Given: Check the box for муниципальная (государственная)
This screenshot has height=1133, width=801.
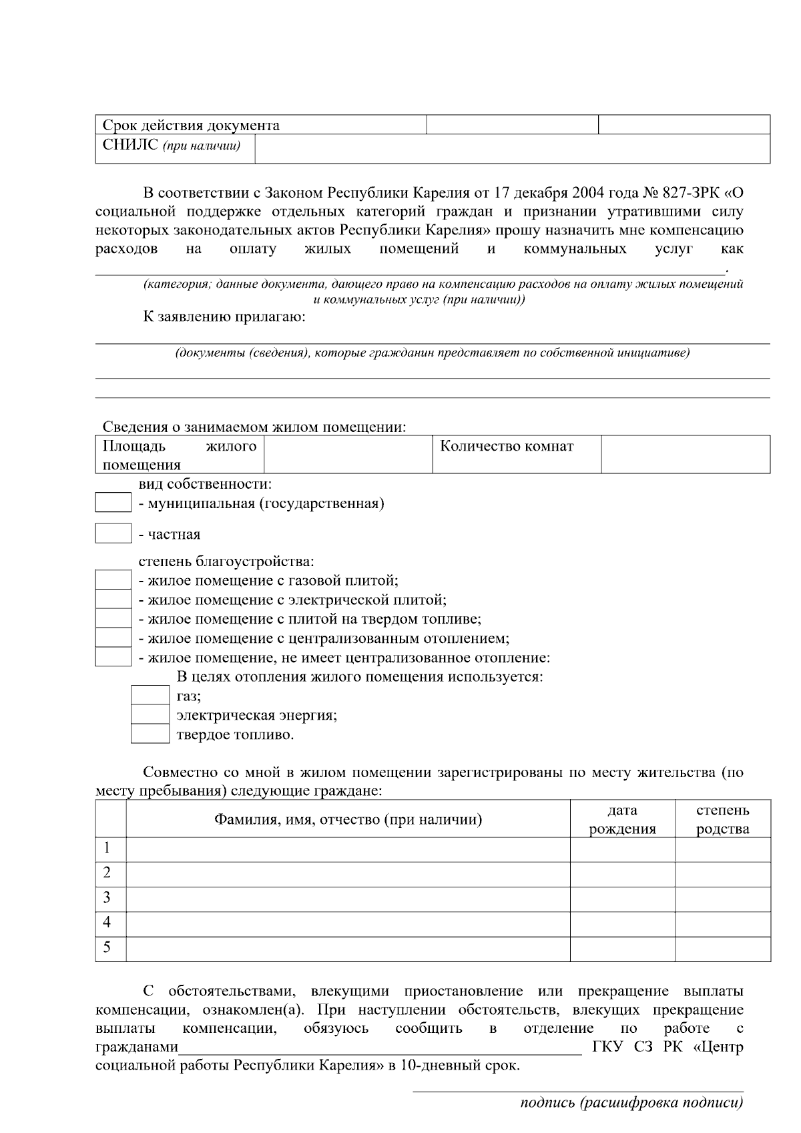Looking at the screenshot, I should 113,503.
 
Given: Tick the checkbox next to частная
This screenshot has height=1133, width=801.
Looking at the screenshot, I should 113,533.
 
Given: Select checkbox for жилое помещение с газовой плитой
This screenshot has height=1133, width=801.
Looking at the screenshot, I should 113,580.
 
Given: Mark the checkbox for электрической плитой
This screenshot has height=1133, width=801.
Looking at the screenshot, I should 113,599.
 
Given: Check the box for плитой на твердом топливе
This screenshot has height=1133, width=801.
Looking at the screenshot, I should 113,618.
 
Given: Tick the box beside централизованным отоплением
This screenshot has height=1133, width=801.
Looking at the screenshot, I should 113,638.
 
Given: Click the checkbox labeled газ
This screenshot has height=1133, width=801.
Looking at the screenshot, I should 150,696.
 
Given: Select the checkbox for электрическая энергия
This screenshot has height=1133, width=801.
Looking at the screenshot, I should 150,715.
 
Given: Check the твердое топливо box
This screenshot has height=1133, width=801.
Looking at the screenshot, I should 150,734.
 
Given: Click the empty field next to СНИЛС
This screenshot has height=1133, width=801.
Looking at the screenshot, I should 512,148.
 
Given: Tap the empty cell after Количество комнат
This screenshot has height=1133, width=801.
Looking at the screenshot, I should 686,454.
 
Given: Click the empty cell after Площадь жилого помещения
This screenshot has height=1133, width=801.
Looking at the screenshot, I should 348,454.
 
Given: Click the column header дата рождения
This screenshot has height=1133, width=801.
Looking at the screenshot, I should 622,819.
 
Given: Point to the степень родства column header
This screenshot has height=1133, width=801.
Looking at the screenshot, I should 722,819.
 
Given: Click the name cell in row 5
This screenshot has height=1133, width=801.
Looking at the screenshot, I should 348,948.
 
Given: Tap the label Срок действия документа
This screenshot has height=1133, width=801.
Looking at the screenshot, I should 191,126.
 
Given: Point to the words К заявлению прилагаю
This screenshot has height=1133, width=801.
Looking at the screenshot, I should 224,317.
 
